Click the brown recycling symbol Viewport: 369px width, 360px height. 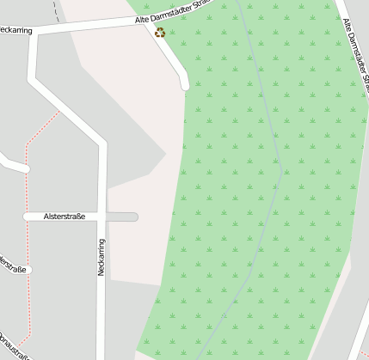(x=159, y=33)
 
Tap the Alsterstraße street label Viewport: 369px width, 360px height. (x=64, y=217)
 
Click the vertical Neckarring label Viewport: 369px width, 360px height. (x=101, y=256)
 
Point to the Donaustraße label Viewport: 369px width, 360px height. (x=12, y=345)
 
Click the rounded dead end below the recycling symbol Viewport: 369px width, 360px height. (x=183, y=84)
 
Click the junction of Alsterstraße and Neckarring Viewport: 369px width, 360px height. (x=101, y=217)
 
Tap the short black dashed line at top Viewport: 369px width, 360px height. (x=57, y=10)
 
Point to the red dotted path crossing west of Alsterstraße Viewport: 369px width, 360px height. (x=27, y=217)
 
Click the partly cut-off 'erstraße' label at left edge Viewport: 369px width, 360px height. (x=12, y=269)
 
